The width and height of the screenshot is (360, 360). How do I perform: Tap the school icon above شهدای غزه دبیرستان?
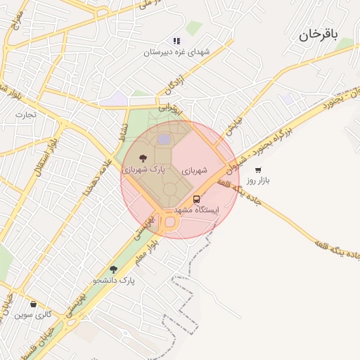click(x=176, y=41)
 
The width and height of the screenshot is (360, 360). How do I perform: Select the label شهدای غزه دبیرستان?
click(x=177, y=52)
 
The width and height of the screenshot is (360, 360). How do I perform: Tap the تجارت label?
click(x=26, y=115)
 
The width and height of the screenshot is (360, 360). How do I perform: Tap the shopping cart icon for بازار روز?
click(x=258, y=170)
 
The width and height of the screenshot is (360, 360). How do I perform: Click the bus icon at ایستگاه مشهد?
click(x=195, y=198)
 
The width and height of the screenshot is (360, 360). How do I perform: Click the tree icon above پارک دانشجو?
click(x=113, y=269)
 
